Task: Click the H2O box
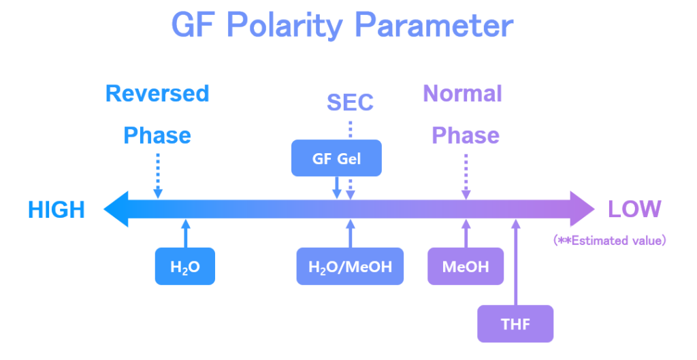pyautogui.click(x=185, y=267)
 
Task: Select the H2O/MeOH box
pyautogui.click(x=350, y=267)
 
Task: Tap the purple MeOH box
pyautogui.click(x=466, y=267)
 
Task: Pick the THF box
pyautogui.click(x=515, y=324)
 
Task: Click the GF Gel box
pyautogui.click(x=336, y=159)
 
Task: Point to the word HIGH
pyautogui.click(x=56, y=210)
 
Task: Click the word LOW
pyautogui.click(x=634, y=209)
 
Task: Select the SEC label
pyautogui.click(x=350, y=102)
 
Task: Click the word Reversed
pyautogui.click(x=157, y=93)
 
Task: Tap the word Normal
pyautogui.click(x=463, y=93)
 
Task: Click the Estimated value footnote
pyautogui.click(x=610, y=240)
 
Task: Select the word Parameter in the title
pyautogui.click(x=434, y=26)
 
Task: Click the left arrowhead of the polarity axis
pyautogui.click(x=116, y=209)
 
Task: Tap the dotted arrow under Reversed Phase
pyautogui.click(x=158, y=175)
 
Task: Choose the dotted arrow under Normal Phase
pyautogui.click(x=466, y=175)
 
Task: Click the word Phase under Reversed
pyautogui.click(x=157, y=135)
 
